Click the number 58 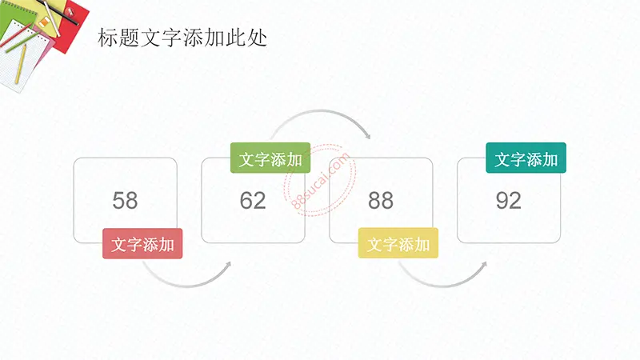click(x=125, y=201)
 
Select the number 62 click(x=253, y=201)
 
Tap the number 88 click(x=381, y=201)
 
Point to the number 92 click(x=509, y=201)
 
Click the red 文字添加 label click(x=142, y=244)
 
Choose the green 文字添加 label click(x=270, y=158)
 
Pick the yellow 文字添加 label click(x=398, y=243)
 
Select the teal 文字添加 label click(x=526, y=158)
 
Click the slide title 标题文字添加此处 click(x=182, y=38)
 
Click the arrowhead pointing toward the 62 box click(x=228, y=264)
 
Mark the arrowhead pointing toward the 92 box click(x=484, y=265)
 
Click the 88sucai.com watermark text click(x=321, y=181)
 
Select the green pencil click(x=22, y=42)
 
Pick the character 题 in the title click(x=118, y=38)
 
